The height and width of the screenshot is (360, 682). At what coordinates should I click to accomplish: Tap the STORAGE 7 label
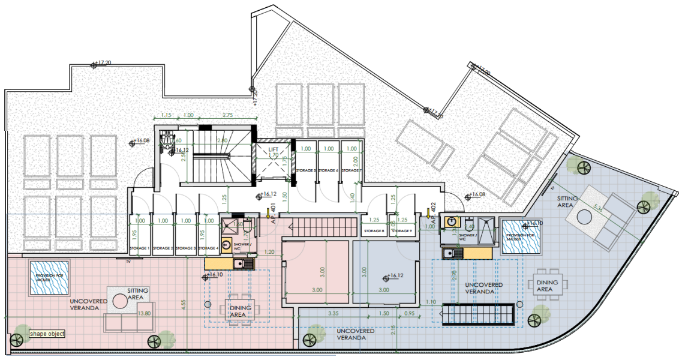coord(351,171)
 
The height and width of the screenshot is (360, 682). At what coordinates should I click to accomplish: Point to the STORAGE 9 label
coord(402,231)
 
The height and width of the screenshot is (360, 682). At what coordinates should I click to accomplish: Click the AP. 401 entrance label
coord(274,214)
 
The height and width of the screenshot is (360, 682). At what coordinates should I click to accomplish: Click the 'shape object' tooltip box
coord(47,334)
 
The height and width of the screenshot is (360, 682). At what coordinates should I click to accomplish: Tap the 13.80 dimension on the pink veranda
coord(145,313)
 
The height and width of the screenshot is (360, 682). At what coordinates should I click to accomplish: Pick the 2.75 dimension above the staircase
coord(228,115)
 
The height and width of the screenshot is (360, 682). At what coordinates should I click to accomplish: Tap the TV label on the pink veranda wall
coord(128,262)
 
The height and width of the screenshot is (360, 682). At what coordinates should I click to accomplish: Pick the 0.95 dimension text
coord(409,313)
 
